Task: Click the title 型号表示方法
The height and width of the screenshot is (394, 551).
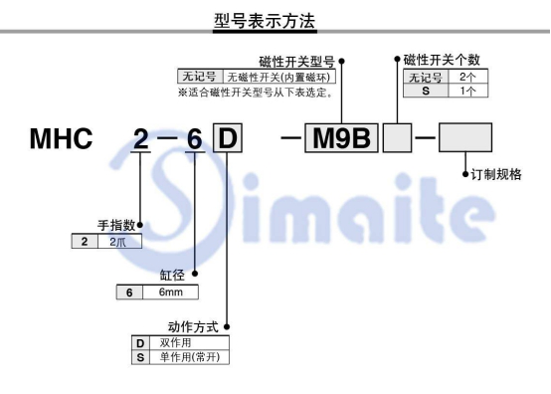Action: (x=275, y=19)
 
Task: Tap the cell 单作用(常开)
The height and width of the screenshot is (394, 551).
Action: (x=180, y=356)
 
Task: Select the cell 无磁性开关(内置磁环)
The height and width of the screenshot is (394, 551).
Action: (x=279, y=78)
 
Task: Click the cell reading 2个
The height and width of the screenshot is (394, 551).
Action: (x=467, y=78)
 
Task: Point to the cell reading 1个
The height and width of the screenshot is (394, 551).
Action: (x=467, y=91)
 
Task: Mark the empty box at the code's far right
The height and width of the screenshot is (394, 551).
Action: (x=465, y=138)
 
